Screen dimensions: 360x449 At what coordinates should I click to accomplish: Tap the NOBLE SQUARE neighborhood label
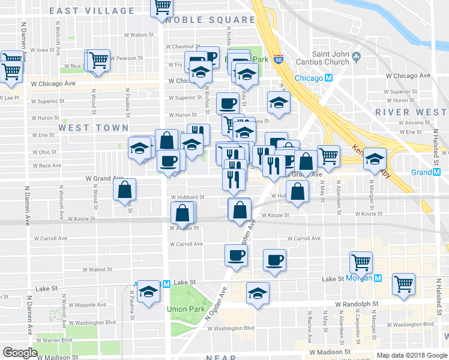(211, 20)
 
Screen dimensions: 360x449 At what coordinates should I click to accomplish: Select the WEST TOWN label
(93, 128)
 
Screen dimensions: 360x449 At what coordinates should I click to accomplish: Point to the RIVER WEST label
(411, 112)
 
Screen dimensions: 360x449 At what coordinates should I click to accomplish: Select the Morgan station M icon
(378, 278)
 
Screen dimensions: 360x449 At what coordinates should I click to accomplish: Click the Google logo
(20, 353)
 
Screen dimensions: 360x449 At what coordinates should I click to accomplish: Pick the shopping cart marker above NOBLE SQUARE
(162, 7)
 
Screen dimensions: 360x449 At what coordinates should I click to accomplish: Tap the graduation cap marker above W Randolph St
(258, 293)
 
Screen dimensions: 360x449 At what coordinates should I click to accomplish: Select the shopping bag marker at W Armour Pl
(182, 214)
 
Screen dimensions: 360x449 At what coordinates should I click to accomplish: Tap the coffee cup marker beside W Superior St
(228, 103)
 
